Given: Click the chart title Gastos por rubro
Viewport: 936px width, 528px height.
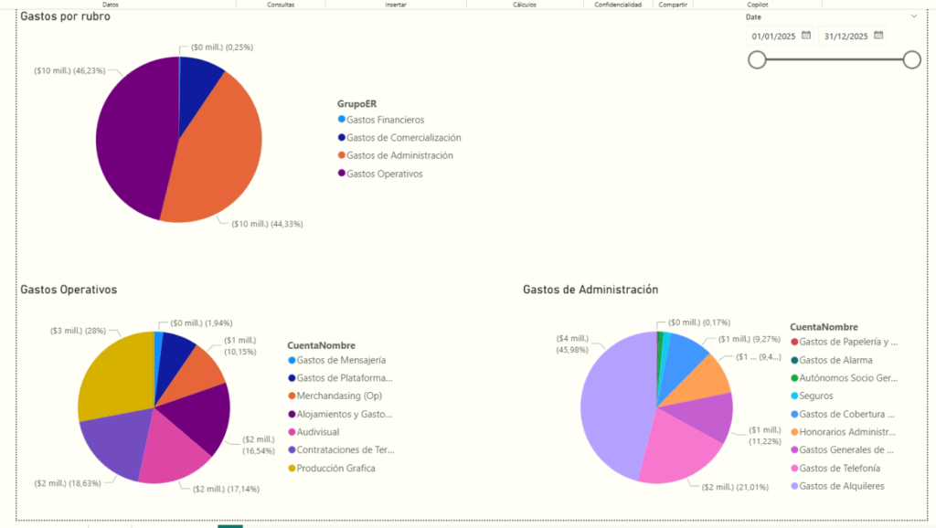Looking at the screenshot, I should [65, 16].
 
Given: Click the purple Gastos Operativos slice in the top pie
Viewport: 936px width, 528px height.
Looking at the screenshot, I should [133, 137].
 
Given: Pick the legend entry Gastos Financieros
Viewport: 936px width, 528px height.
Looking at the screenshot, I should [385, 120].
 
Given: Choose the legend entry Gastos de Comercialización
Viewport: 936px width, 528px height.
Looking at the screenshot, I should [403, 138].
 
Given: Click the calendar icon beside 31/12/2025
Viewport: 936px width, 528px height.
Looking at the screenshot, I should [878, 36].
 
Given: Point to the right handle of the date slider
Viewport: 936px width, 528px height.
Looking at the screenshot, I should [911, 59].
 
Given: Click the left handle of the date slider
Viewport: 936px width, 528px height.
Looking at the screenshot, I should [757, 59].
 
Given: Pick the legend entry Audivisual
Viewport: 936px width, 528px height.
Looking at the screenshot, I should [317, 432].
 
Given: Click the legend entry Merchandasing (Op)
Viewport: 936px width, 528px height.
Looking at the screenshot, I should [339, 396].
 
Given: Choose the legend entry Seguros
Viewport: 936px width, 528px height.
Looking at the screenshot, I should [814, 396].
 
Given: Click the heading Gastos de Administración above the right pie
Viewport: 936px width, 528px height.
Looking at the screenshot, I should [590, 290].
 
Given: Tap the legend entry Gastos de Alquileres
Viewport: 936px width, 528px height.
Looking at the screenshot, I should [841, 486].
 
